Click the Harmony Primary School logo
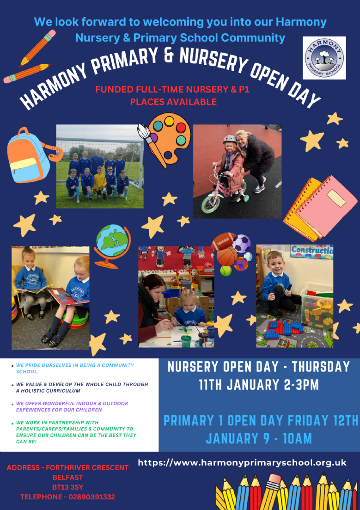(x=324, y=58)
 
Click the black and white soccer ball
(x=242, y=243)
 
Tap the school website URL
(x=242, y=462)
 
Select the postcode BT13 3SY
(x=67, y=487)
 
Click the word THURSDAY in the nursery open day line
(x=321, y=367)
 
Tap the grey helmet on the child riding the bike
(x=230, y=139)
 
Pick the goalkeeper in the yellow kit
(x=99, y=182)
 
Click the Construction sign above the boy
(x=311, y=251)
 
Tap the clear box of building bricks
(x=317, y=309)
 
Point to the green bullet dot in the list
(x=12, y=423)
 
